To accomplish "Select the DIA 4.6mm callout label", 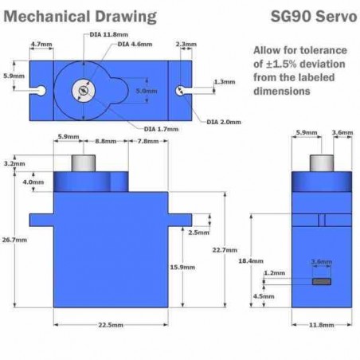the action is [135, 44].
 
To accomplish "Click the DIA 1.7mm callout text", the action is [161, 129].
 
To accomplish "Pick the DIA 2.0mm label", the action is [224, 122].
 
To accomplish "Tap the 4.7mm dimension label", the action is [41, 44].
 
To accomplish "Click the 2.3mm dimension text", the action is [186, 44].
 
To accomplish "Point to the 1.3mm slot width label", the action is [225, 82].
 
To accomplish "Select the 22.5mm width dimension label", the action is [111, 325].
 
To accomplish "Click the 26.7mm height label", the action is [14, 240].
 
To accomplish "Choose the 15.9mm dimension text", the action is [182, 267].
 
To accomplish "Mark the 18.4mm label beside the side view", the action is [251, 261].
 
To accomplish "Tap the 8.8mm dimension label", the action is [106, 141].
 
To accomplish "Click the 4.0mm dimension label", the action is [33, 182].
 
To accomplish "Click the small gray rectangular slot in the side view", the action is [322, 281].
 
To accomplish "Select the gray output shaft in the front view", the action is [84, 163].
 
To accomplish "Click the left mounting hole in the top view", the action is [41, 91].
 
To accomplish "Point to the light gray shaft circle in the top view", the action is [84, 91].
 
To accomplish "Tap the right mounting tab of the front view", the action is [180, 220].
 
